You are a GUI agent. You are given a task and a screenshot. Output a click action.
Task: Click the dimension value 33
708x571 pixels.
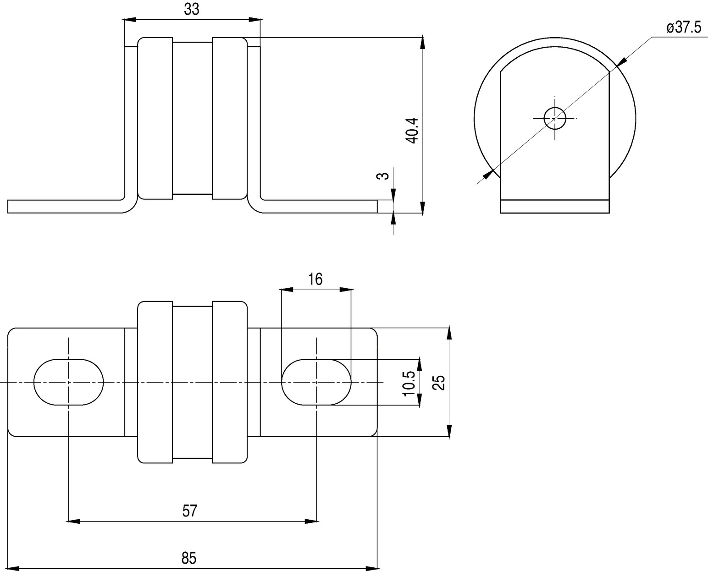coord(192,9)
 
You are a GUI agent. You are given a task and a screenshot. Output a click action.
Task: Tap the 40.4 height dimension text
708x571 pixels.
coord(412,130)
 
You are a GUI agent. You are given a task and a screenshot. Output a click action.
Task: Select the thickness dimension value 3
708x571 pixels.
coord(382,176)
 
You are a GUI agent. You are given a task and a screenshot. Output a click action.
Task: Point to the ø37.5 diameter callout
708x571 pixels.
coord(684,27)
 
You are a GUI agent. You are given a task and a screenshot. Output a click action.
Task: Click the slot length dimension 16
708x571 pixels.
coord(315,279)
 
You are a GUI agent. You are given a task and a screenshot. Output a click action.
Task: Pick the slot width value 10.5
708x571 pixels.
coord(409,384)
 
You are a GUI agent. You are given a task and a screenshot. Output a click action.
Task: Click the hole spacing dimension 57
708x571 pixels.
coord(189,511)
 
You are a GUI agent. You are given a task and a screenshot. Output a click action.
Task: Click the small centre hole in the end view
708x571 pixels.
coord(555,118)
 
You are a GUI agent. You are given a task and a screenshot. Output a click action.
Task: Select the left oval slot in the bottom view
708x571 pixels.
coord(69,382)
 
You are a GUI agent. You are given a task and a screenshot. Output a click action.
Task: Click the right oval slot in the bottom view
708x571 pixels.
coord(316,382)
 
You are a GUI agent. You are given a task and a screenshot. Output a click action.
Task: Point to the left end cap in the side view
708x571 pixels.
coord(155,118)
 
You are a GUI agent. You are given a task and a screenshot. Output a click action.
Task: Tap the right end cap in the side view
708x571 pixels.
coord(230,118)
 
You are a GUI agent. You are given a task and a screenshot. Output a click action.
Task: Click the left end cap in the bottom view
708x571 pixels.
coord(155,382)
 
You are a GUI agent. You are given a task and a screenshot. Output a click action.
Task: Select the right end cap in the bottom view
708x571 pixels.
coord(230,382)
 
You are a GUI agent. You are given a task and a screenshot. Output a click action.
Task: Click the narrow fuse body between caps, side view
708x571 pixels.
coord(193,118)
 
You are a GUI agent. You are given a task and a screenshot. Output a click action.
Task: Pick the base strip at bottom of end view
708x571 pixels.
coord(555,207)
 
